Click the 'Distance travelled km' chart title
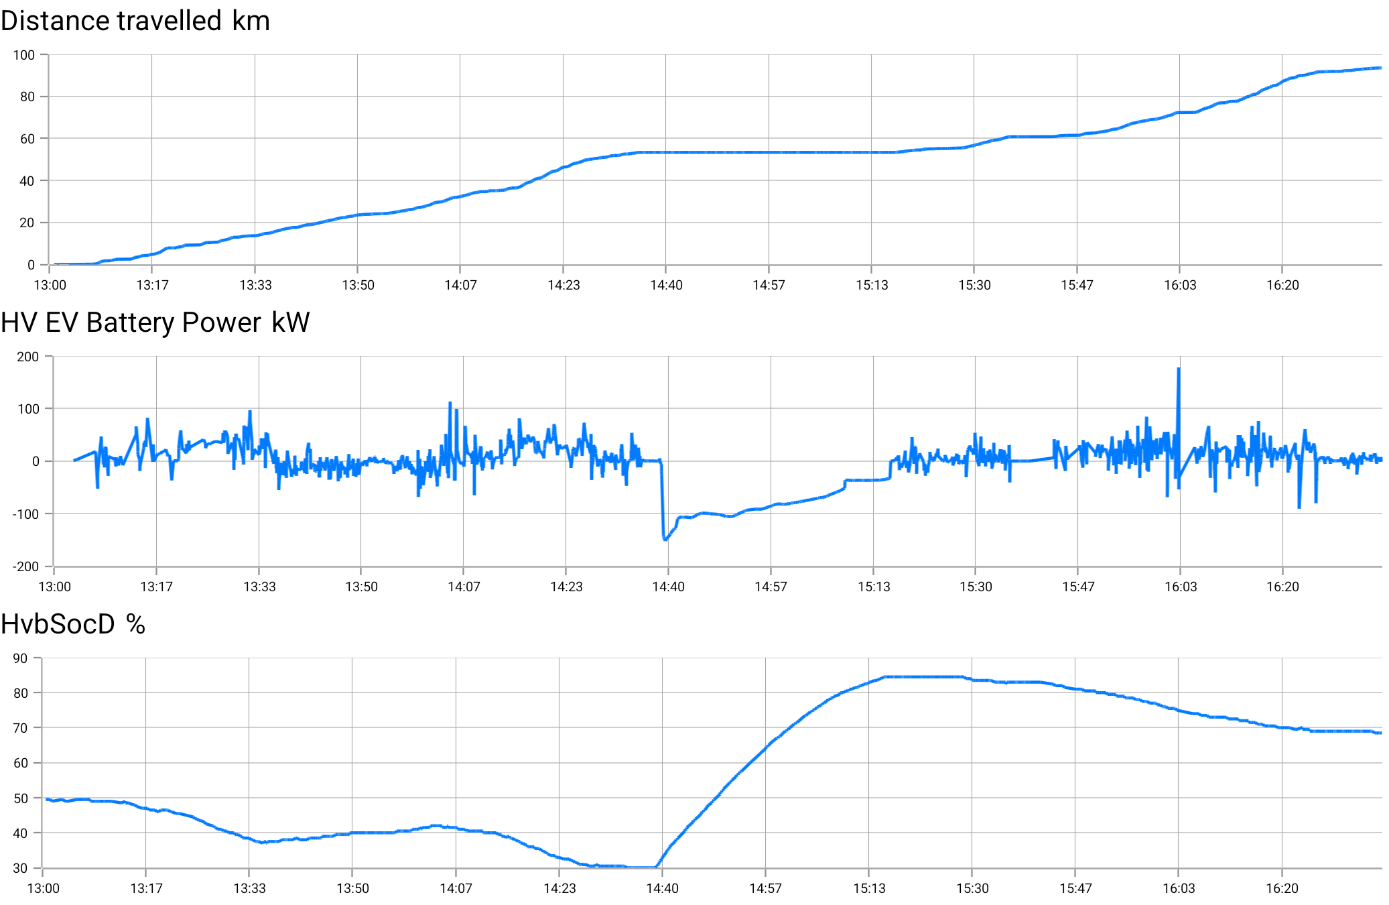[135, 21]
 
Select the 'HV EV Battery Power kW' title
[155, 322]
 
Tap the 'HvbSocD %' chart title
[73, 624]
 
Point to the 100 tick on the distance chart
[24, 55]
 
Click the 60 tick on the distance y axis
[27, 139]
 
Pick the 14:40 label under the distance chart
[666, 285]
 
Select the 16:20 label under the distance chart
[1282, 285]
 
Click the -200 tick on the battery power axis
[26, 566]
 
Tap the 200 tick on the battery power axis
[28, 357]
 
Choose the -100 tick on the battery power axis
[26, 514]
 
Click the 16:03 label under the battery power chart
[1181, 587]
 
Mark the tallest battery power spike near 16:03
[1179, 369]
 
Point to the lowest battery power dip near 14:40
[665, 539]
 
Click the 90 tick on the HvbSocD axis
[21, 658]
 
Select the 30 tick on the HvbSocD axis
[21, 868]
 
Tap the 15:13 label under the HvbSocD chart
[869, 888]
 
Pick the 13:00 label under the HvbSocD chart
[43, 888]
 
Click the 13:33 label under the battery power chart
[259, 587]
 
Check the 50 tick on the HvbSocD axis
[21, 798]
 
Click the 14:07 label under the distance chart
[460, 285]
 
